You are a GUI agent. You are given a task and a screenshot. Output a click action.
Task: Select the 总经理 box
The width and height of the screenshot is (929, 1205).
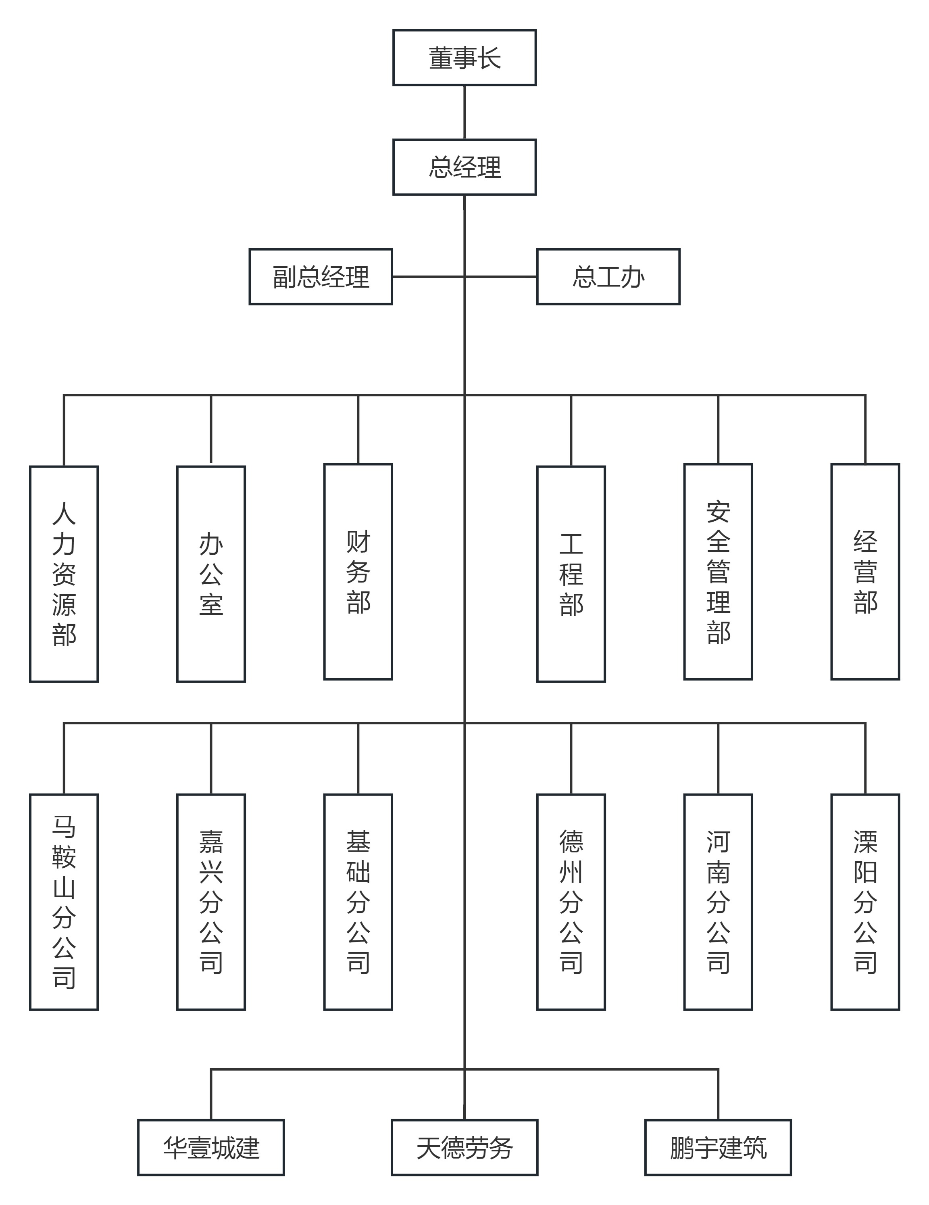[464, 167]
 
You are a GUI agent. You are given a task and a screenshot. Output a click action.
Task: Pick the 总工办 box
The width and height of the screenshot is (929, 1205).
[608, 276]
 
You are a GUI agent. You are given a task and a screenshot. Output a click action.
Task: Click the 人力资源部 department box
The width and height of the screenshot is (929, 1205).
[64, 574]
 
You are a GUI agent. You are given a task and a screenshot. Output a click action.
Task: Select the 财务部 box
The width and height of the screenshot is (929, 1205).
[358, 572]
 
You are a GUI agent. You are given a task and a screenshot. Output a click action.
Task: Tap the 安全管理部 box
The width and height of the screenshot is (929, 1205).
[718, 572]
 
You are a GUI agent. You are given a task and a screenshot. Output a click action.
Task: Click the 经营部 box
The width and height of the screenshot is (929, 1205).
[865, 572]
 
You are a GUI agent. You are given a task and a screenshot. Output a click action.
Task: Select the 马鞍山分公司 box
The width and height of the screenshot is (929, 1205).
[64, 902]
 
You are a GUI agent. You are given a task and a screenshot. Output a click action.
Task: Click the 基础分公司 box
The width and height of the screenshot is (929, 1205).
[358, 902]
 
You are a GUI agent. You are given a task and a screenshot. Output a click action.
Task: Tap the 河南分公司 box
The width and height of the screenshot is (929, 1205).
[718, 902]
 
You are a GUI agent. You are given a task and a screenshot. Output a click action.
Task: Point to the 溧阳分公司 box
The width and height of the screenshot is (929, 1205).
[865, 902]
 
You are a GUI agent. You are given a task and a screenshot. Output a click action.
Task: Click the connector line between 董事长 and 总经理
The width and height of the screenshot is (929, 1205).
[464, 113]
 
